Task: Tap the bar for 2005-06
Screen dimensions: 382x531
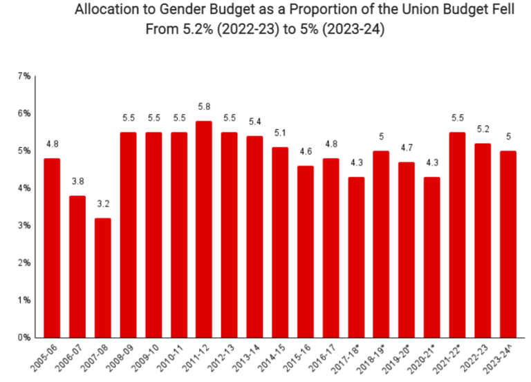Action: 53,248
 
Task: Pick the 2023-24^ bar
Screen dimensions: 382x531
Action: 507,244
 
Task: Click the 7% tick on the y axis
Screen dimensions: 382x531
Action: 23,75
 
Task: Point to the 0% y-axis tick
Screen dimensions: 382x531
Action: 23,338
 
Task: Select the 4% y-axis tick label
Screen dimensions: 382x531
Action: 23,188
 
